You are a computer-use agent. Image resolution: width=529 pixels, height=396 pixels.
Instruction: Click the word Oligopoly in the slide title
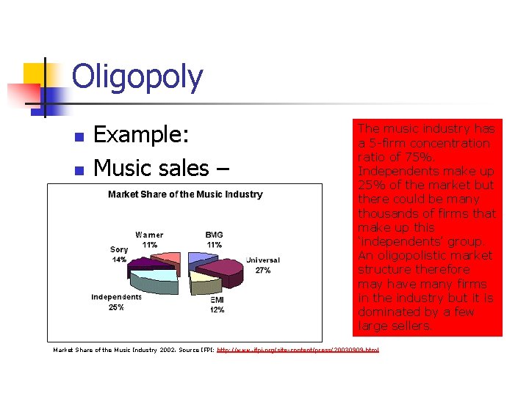[137, 77]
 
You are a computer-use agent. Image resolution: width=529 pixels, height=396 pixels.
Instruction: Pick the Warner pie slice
[168, 258]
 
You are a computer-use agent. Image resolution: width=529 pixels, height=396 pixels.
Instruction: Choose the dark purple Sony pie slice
[142, 265]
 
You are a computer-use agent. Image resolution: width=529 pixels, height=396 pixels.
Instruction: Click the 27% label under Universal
[262, 271]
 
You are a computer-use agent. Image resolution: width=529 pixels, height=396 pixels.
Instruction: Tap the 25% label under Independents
[116, 307]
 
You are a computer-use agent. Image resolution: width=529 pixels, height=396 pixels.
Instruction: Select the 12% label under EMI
[217, 310]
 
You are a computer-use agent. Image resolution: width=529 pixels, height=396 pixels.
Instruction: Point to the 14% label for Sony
[118, 260]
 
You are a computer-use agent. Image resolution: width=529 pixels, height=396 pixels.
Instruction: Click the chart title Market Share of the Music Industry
[185, 194]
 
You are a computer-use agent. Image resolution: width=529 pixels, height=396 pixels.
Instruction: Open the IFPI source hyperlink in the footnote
[298, 351]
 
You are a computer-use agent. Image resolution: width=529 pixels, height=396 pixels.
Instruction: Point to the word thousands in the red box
[390, 213]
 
